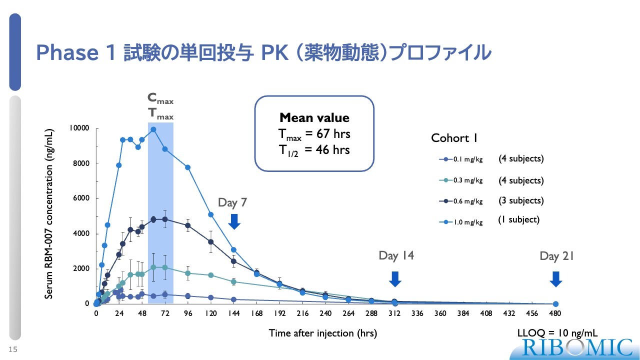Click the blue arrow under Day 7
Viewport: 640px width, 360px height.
pos(234,221)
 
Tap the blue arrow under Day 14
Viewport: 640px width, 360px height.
pos(395,278)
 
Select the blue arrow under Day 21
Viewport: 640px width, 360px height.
pos(555,278)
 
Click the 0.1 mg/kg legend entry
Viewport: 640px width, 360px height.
pos(460,159)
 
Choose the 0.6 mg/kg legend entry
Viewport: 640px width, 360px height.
pos(460,201)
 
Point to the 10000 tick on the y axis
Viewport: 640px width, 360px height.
pos(79,128)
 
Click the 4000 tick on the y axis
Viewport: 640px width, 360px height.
pos(80,233)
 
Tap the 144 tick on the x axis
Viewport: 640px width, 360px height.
pos(233,313)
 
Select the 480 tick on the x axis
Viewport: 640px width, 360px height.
pos(555,313)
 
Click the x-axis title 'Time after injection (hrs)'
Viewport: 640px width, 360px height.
pos(323,333)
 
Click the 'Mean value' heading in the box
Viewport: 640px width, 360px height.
pos(314,118)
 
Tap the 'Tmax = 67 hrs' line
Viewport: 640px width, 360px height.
pos(314,134)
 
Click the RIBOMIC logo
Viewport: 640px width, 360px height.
pos(577,347)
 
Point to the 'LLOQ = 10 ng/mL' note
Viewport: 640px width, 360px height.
pos(557,333)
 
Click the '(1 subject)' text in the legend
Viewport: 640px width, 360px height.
pos(518,219)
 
